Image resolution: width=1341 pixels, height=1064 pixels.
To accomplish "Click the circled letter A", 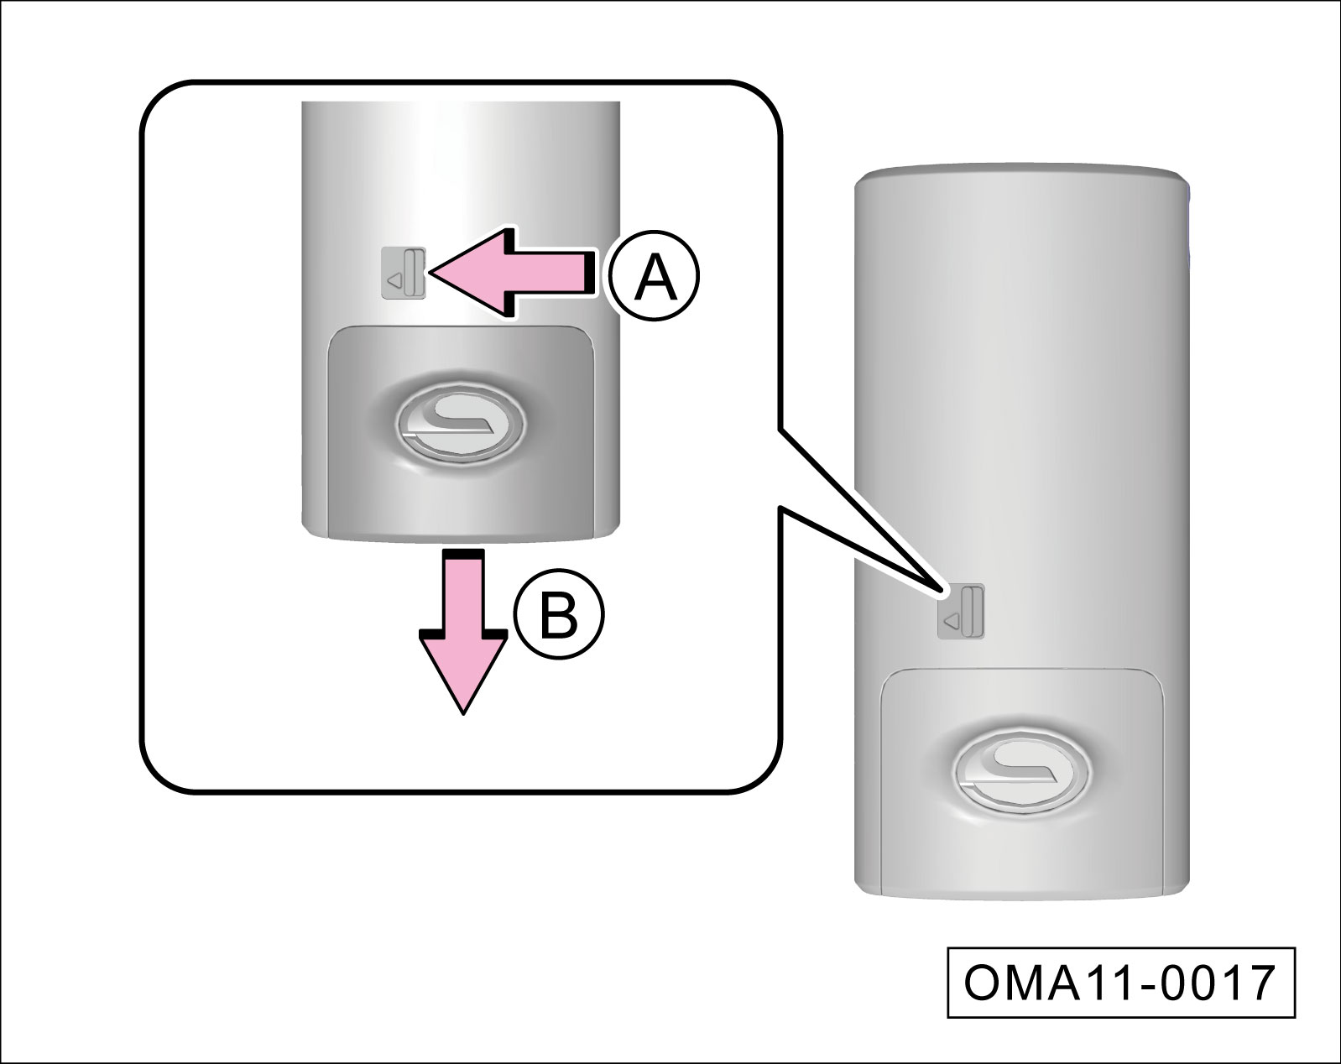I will point(655,277).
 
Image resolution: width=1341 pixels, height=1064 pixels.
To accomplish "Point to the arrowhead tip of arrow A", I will point(431,272).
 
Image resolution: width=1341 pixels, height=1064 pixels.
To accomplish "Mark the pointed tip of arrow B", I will point(463,712).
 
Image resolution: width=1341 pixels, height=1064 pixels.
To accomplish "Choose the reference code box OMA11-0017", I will point(1120,983).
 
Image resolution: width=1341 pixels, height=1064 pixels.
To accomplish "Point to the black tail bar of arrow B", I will point(463,555).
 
